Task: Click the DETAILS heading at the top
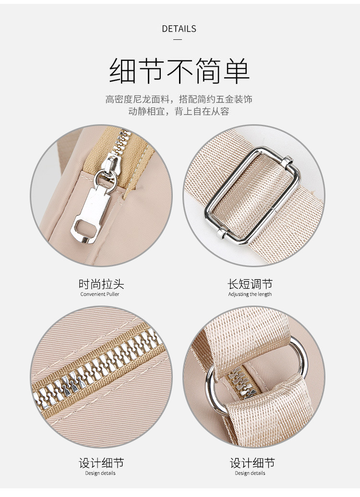click(179, 29)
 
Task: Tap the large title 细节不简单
click(180, 71)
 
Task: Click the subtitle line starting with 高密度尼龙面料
click(179, 99)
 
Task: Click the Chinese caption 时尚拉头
click(101, 284)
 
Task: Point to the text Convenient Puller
click(99, 294)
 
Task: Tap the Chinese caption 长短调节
click(250, 284)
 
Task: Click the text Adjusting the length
click(250, 294)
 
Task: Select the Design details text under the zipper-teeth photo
click(100, 473)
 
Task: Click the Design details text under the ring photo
click(250, 473)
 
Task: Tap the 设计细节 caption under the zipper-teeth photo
click(101, 463)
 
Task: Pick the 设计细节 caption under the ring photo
click(252, 463)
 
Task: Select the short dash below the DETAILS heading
click(178, 40)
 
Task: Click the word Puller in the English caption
click(113, 294)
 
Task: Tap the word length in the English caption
click(264, 295)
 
